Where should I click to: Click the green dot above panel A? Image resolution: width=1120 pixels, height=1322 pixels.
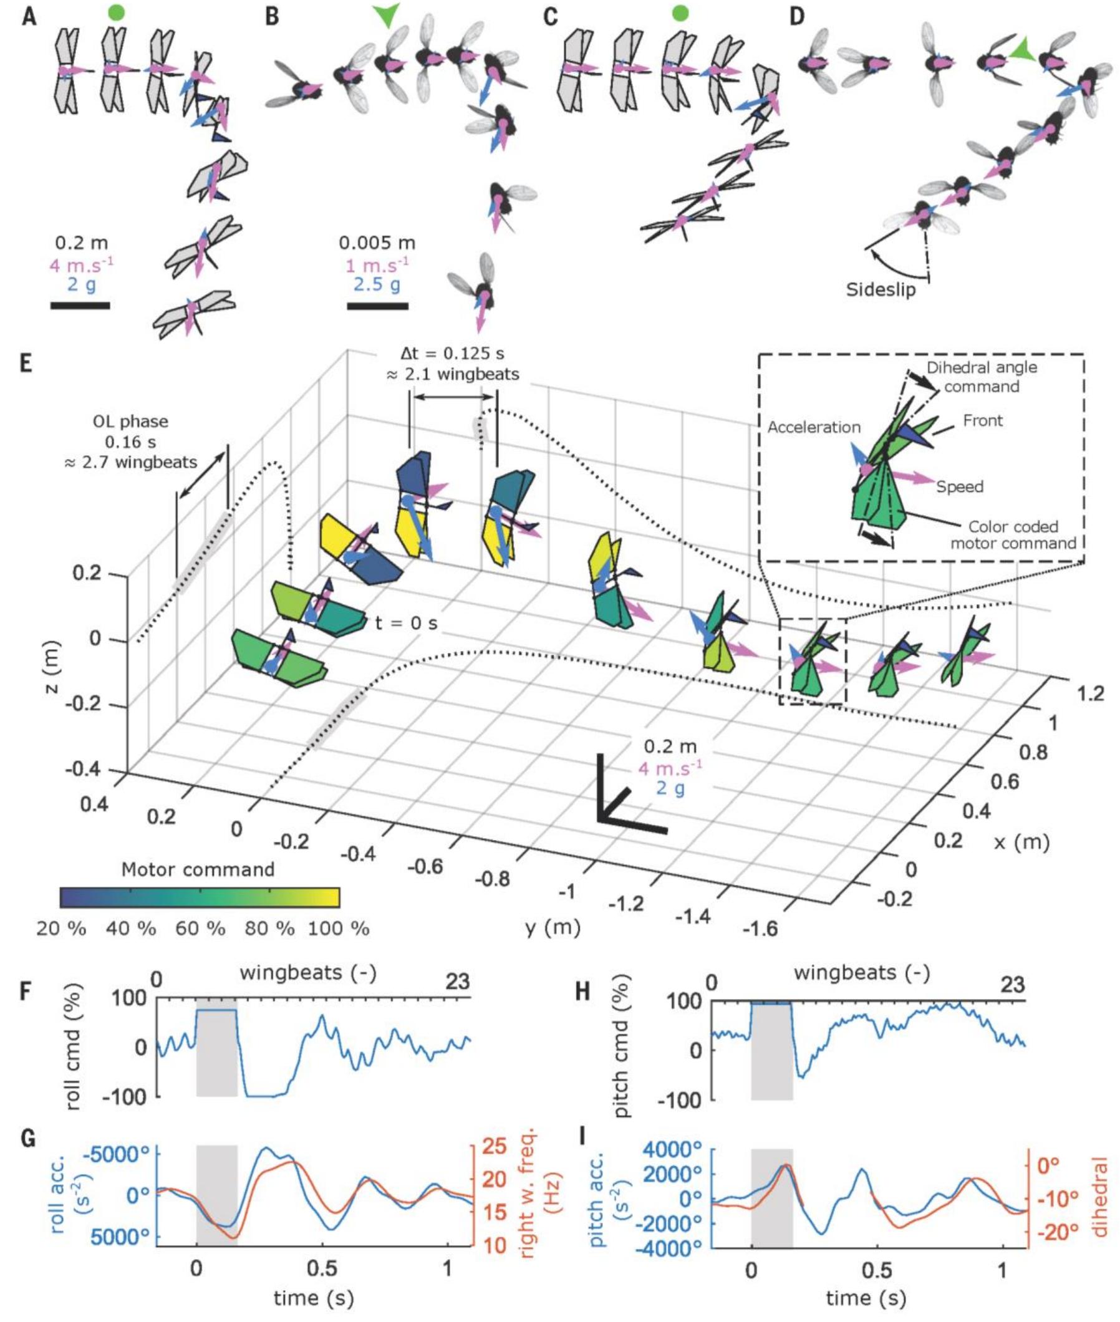pyautogui.click(x=115, y=12)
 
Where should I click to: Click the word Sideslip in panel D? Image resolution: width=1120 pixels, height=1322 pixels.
pyautogui.click(x=881, y=289)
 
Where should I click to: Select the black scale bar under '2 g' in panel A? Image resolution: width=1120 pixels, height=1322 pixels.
pyautogui.click(x=80, y=306)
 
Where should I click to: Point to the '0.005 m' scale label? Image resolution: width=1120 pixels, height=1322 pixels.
pyautogui.click(x=377, y=243)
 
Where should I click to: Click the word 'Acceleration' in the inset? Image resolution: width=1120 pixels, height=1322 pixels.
pyautogui.click(x=814, y=427)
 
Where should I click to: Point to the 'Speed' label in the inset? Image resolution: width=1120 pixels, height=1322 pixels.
pyautogui.click(x=959, y=486)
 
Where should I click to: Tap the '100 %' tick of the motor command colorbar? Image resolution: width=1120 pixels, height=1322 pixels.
pyautogui.click(x=338, y=929)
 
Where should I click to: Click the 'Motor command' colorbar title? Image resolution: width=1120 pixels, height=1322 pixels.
pyautogui.click(x=199, y=869)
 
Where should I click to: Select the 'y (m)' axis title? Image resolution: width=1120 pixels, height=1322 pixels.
pyautogui.click(x=553, y=928)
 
